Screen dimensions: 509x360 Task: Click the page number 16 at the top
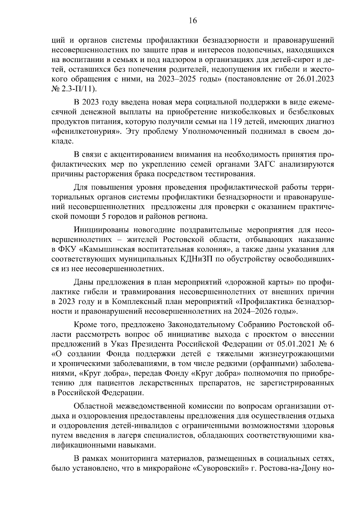pyautogui.click(x=193, y=21)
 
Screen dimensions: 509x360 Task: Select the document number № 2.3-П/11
pyautogui.click(x=74, y=89)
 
